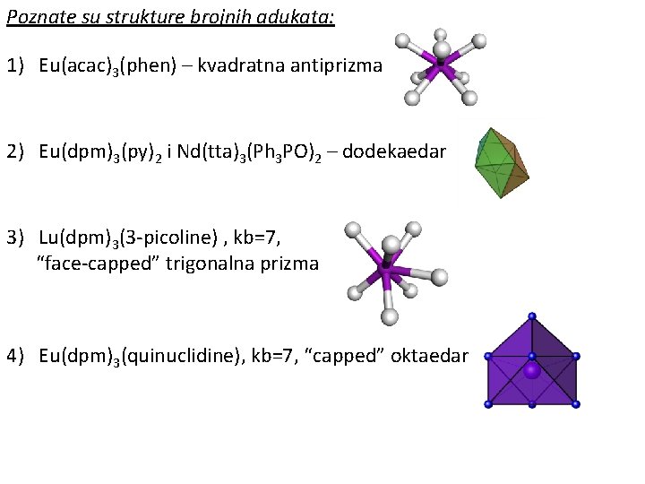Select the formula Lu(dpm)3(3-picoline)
127,238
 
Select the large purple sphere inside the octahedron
532,370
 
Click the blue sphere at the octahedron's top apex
532,315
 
